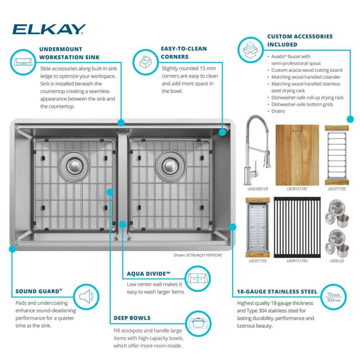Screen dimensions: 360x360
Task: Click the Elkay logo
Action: pos(49,29)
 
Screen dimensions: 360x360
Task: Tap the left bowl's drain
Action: pos(74,166)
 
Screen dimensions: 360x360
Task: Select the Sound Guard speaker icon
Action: pos(86,297)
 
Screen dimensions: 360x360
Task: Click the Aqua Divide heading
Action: pos(148,274)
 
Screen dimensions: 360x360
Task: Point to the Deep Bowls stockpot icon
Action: pos(198,324)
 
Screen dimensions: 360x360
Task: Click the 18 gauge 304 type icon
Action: pos(333,297)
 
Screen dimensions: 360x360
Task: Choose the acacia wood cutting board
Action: pos(297,155)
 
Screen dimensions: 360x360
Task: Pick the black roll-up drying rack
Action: pos(297,227)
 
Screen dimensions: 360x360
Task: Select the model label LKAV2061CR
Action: pos(257,189)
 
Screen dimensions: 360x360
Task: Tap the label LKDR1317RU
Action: pos(297,261)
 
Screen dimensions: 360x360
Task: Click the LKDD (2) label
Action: pos(337,261)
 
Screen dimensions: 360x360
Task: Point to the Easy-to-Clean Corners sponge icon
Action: pos(145,62)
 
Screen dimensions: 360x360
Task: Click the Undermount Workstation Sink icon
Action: pos(23,62)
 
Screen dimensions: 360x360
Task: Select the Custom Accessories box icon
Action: pos(251,50)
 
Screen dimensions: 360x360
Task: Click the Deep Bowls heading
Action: pos(132,318)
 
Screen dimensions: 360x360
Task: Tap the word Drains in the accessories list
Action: pos(278,111)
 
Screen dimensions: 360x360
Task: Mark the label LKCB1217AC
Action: pos(297,189)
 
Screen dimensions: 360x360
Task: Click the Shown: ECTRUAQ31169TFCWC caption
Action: pos(198,255)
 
